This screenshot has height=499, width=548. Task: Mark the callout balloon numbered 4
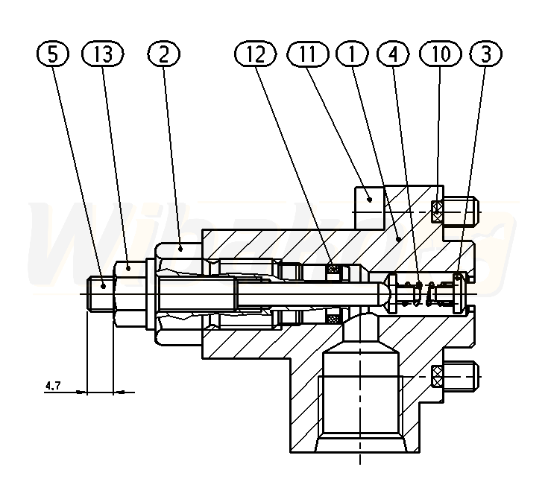pyautogui.click(x=394, y=54)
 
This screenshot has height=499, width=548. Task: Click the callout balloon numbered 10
pyautogui.click(x=440, y=54)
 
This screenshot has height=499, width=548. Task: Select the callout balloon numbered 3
pyautogui.click(x=485, y=54)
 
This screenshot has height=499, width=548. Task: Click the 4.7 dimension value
pyautogui.click(x=53, y=386)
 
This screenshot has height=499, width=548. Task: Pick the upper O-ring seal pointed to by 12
pyautogui.click(x=333, y=268)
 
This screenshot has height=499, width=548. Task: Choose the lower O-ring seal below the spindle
pyautogui.click(x=333, y=319)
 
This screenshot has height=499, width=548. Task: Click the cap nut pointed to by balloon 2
pyautogui.click(x=179, y=293)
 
